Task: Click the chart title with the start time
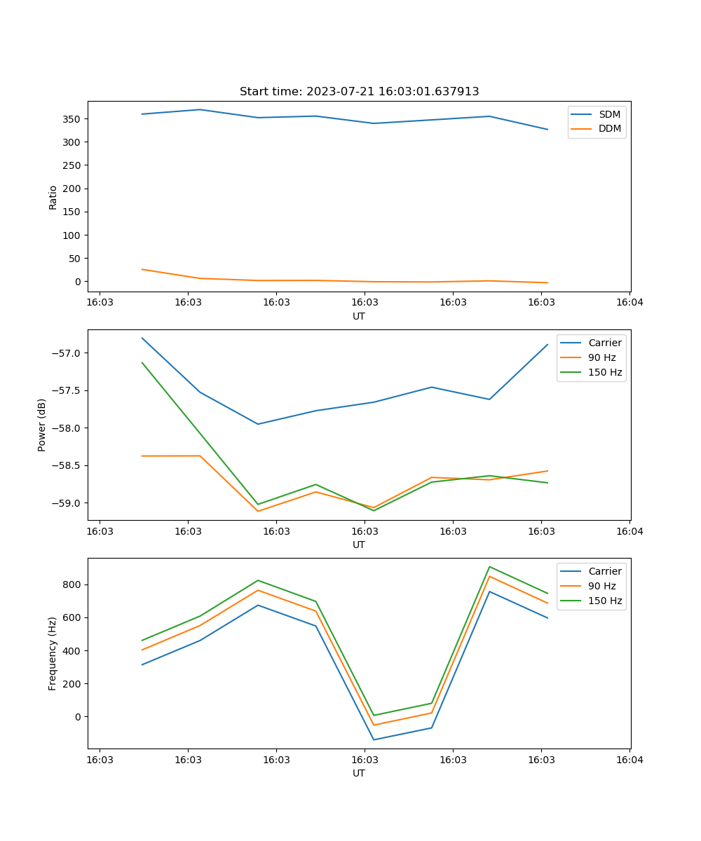tap(359, 92)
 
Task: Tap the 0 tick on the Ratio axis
tap(78, 282)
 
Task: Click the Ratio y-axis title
tap(53, 197)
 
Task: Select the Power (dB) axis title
tap(42, 425)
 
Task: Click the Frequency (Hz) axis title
tap(53, 654)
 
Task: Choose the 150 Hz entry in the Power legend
tap(605, 372)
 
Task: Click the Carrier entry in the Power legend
tap(604, 343)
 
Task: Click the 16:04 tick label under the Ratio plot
tap(629, 303)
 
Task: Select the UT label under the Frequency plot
tap(359, 773)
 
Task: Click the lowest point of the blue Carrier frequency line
tap(374, 739)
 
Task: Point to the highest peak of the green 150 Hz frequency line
tap(489, 567)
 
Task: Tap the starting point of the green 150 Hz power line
tap(142, 363)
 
